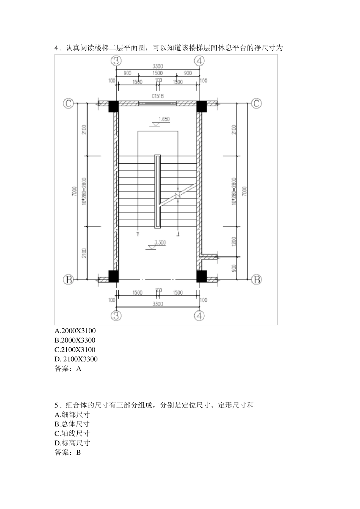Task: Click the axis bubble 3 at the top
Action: (116, 60)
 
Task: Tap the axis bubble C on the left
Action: (68, 103)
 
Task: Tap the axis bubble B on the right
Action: (257, 280)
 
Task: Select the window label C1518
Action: (158, 96)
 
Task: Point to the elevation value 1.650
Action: (164, 119)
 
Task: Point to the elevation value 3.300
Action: (160, 243)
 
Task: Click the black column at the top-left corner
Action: (114, 106)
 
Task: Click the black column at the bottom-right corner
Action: (202, 276)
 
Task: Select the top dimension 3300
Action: (158, 66)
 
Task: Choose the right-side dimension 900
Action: (234, 268)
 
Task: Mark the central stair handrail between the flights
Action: (157, 191)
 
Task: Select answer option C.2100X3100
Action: (75, 350)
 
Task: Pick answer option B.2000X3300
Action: (75, 340)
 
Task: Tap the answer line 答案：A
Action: (68, 368)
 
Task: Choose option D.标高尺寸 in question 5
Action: (72, 443)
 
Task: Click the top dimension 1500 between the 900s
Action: (158, 73)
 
